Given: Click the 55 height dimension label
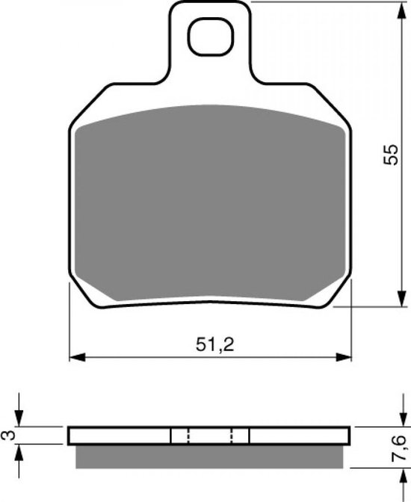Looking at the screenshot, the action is click(391, 155).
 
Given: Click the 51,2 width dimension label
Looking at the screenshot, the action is click(215, 345).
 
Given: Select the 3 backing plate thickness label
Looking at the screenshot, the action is click(9, 436).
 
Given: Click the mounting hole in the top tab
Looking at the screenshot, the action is click(211, 37).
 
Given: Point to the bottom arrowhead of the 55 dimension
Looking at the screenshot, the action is click(401, 299).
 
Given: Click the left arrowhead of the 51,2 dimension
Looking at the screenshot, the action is click(78, 357).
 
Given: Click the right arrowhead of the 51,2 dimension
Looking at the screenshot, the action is click(344, 357).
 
